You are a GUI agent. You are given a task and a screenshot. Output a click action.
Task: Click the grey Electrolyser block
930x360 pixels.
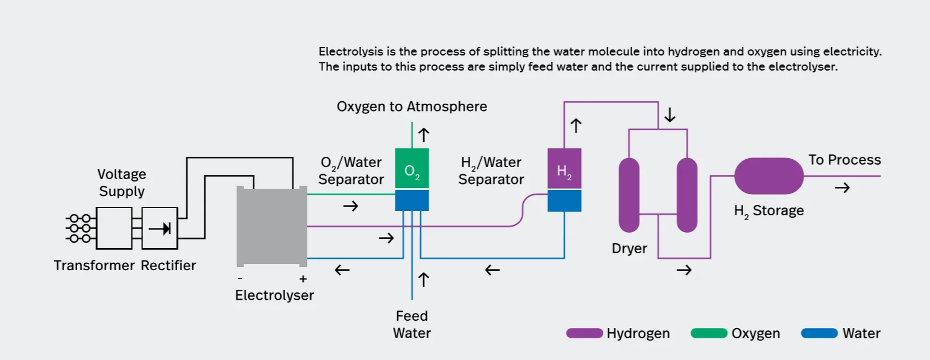[x=272, y=226]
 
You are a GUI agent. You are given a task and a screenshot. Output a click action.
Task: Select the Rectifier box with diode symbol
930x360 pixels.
[x=160, y=228]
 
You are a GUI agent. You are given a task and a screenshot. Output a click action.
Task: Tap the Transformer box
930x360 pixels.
[x=114, y=228]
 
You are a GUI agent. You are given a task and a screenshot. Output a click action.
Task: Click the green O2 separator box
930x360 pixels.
[x=412, y=169]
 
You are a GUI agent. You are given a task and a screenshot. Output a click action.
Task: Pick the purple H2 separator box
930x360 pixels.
[x=564, y=169]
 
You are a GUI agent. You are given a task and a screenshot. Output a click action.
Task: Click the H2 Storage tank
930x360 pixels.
[x=769, y=176]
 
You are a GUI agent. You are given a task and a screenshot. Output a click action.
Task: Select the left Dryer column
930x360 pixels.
[x=629, y=195]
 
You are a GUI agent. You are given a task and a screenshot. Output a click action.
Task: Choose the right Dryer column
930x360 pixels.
[x=687, y=195]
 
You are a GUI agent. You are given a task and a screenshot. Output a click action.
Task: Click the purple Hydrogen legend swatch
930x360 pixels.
[x=584, y=333]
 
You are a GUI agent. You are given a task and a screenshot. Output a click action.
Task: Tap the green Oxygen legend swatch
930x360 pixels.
[x=709, y=333]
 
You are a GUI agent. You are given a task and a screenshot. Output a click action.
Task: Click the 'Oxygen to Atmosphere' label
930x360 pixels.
[x=412, y=107]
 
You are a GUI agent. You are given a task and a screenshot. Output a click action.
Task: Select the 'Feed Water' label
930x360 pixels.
[x=412, y=324]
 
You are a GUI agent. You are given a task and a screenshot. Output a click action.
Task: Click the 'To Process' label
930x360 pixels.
[x=844, y=160]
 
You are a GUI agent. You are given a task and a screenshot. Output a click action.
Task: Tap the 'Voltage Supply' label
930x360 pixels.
[x=122, y=183]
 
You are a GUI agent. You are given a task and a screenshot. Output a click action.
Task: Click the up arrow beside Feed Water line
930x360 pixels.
[x=424, y=279]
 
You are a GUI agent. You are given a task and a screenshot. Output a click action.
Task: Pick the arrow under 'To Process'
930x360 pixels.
[x=842, y=188]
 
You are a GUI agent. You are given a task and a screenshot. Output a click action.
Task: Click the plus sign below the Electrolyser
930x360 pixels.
[x=303, y=279]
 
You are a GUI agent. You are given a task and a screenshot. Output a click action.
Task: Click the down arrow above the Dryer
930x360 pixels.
[x=669, y=115]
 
